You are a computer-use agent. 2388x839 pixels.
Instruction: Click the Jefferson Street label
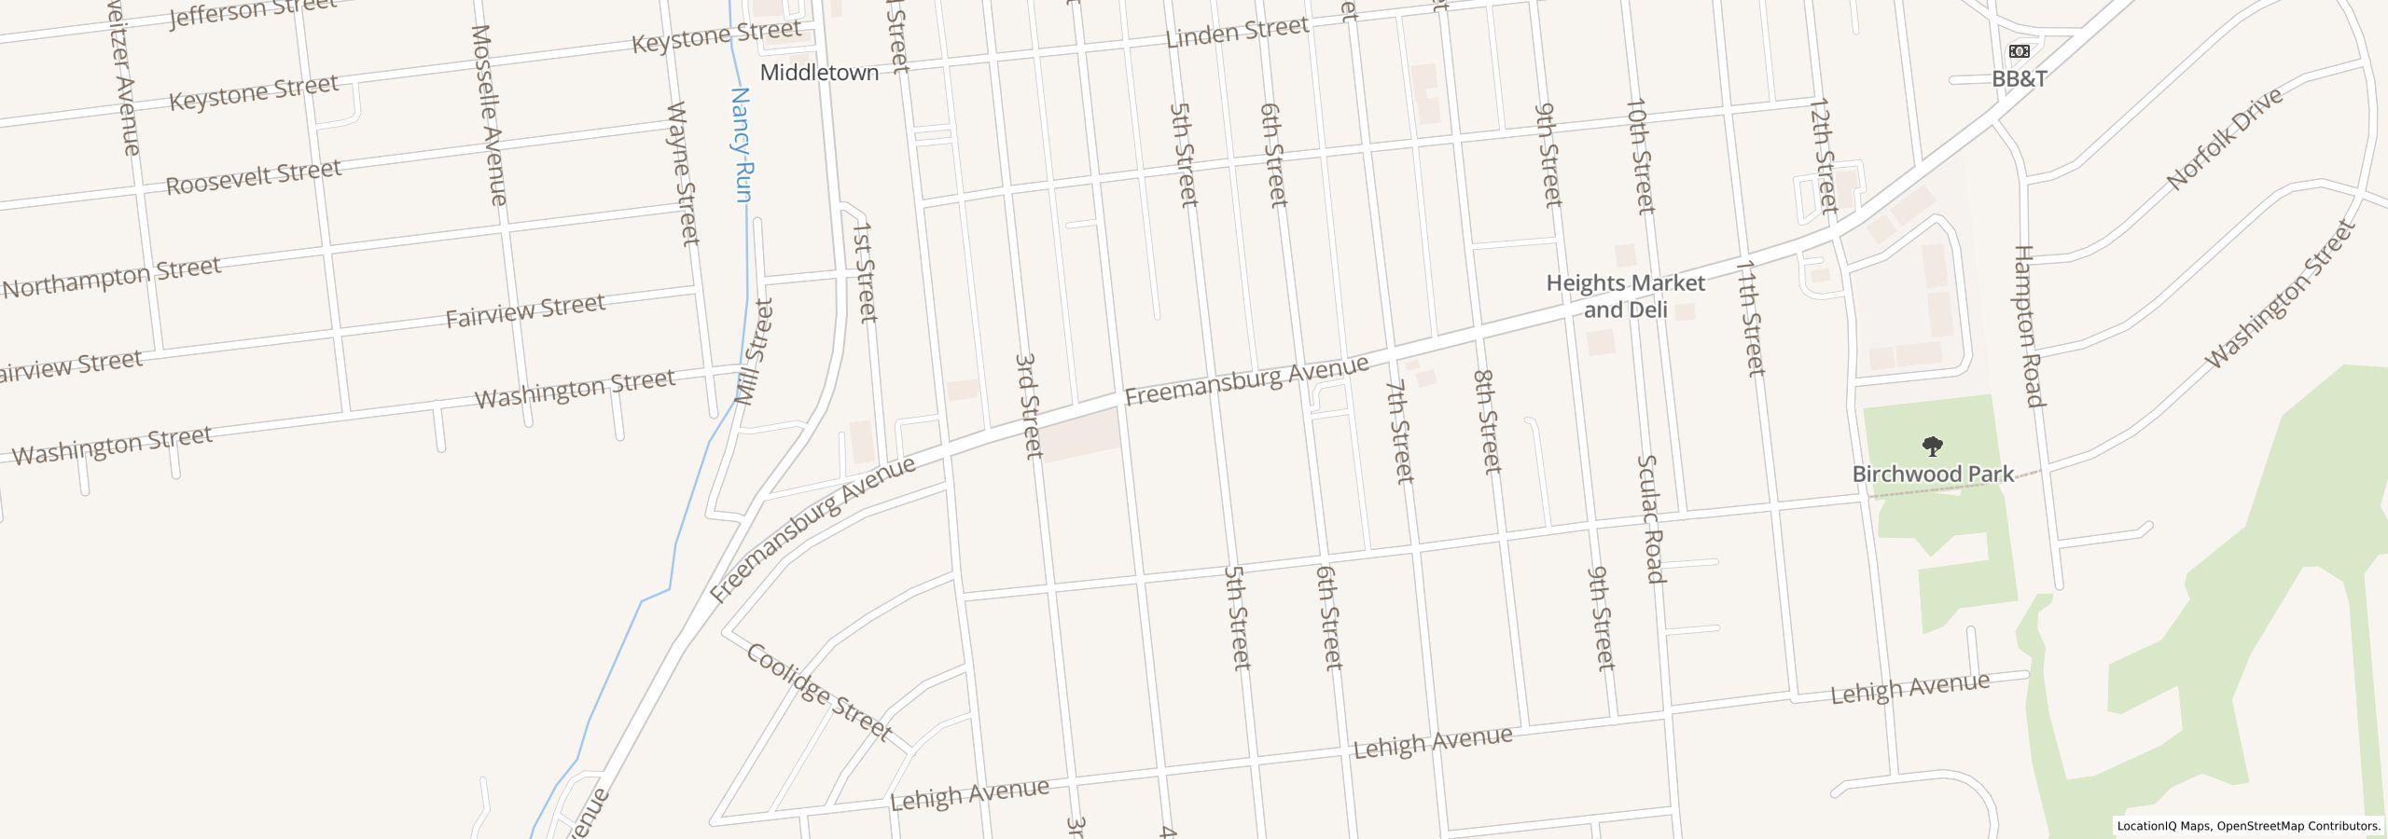coord(253,11)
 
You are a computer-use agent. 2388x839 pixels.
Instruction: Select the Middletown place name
coord(819,73)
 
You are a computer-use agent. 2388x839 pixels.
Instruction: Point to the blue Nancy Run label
coord(742,144)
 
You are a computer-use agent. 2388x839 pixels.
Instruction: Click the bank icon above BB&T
coord(2019,51)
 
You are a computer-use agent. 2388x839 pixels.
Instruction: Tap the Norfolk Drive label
coord(2225,138)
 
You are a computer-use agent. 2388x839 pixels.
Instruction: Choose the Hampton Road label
coord(2029,326)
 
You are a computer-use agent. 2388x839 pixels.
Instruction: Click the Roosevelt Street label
coord(253,176)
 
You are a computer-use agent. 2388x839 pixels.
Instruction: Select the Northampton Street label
coord(112,277)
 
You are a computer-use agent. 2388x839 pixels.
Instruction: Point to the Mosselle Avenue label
coord(489,115)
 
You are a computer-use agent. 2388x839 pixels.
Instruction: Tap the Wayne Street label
coord(684,173)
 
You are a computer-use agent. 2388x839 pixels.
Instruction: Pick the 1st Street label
coord(864,271)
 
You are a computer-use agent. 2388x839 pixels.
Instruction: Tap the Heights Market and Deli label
coord(1625,296)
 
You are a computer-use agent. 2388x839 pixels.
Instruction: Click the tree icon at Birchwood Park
coord(1933,447)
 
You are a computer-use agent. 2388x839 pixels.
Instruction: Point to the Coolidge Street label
coord(818,692)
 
